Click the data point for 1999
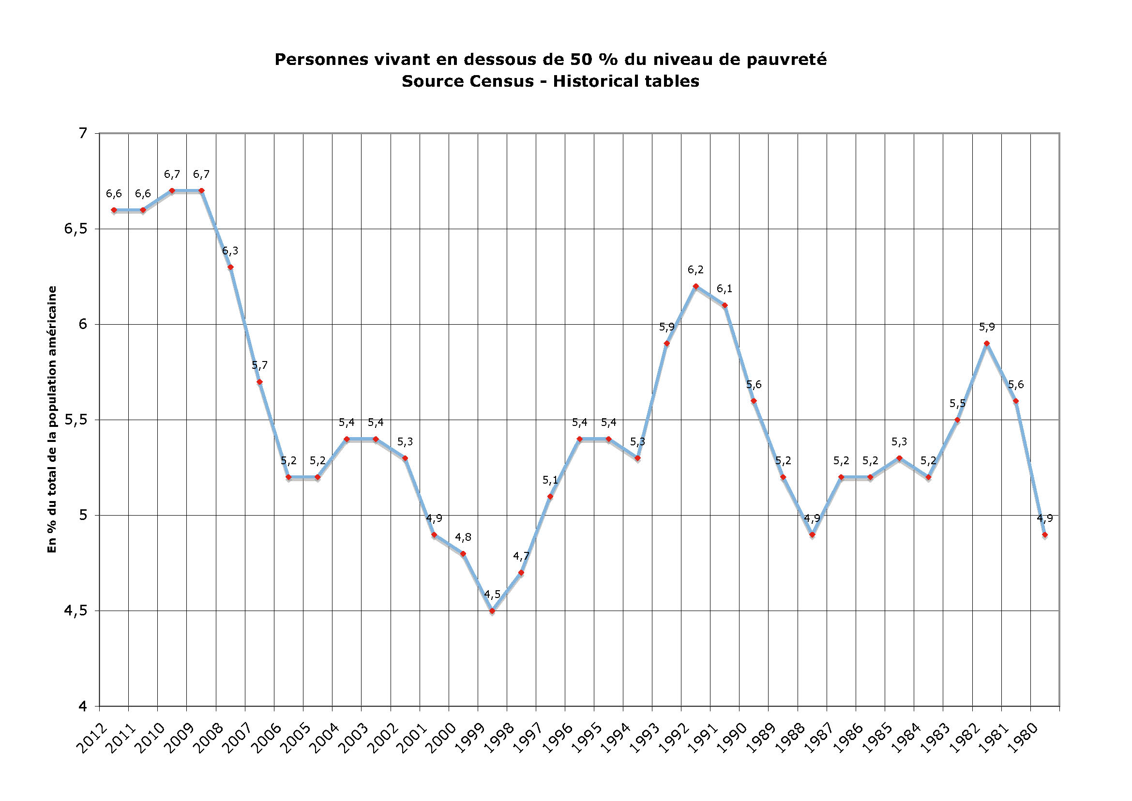(x=492, y=611)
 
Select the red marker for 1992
(x=695, y=286)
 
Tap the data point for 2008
(x=230, y=267)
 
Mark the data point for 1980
(x=1045, y=534)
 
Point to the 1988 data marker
(x=812, y=534)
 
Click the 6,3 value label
(x=230, y=251)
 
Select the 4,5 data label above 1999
(x=492, y=595)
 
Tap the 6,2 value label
(x=695, y=270)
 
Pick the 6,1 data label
(x=725, y=289)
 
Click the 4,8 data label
(x=463, y=537)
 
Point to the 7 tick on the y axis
(x=83, y=133)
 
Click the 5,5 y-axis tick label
(x=75, y=420)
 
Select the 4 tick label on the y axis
(x=83, y=707)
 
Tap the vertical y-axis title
(x=52, y=420)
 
